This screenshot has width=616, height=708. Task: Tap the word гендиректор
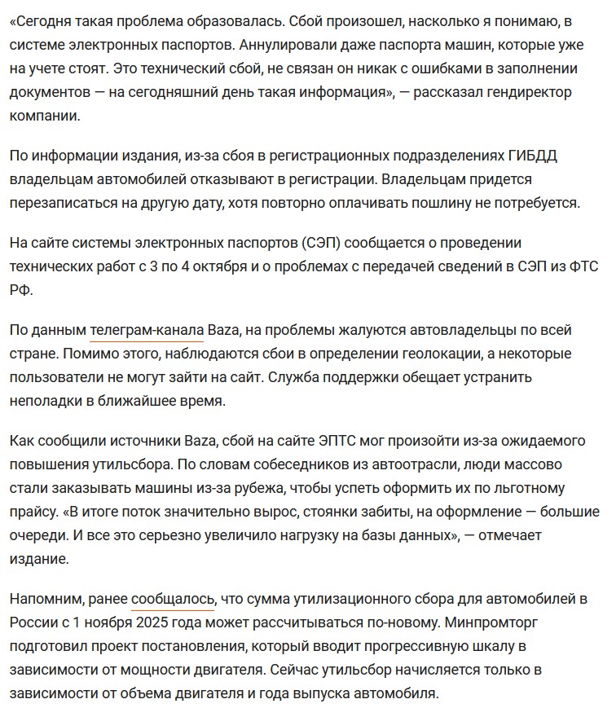[523, 92]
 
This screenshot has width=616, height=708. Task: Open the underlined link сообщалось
[172, 599]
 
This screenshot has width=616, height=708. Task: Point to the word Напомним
[47, 599]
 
